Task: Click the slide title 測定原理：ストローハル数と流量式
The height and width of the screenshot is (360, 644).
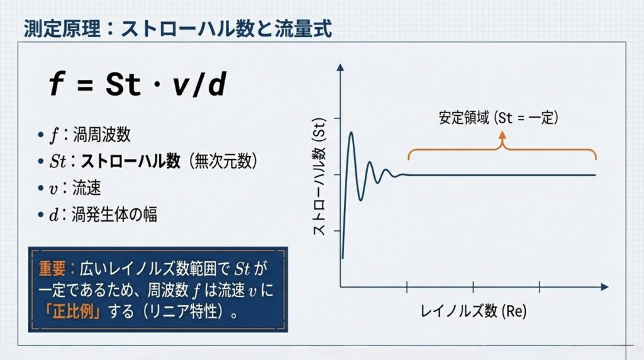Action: [x=177, y=29]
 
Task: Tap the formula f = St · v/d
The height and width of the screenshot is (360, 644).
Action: [x=137, y=85]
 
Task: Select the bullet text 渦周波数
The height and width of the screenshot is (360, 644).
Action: [x=101, y=135]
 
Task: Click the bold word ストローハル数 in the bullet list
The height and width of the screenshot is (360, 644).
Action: [x=130, y=160]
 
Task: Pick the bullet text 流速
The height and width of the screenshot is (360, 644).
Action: [x=87, y=188]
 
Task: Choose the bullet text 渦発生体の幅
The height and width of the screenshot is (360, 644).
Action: [x=114, y=215]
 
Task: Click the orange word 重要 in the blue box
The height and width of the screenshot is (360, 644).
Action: [x=52, y=268]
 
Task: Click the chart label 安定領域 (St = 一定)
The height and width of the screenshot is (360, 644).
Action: [x=498, y=118]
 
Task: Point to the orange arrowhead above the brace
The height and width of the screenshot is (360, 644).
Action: [x=502, y=135]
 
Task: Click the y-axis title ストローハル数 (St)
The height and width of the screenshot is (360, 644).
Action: [x=319, y=176]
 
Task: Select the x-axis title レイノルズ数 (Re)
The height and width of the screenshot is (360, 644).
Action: [x=473, y=311]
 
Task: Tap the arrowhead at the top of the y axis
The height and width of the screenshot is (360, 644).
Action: [x=340, y=67]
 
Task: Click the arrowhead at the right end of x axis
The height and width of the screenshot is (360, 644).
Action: [x=604, y=287]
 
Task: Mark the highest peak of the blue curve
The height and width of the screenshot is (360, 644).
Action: [x=351, y=133]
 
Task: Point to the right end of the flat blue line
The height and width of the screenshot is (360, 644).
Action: [x=595, y=175]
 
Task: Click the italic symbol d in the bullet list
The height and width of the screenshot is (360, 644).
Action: [x=54, y=215]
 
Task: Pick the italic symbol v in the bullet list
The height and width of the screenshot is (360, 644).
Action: [x=53, y=189]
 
